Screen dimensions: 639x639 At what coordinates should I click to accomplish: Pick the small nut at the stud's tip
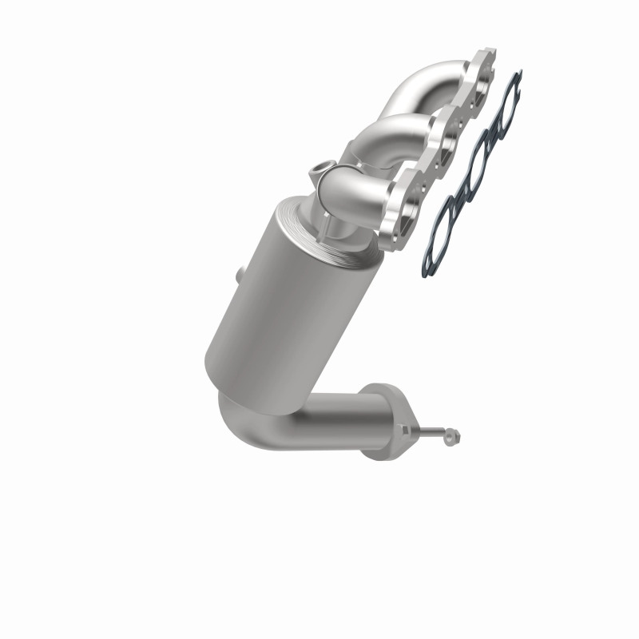coord(454,437)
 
